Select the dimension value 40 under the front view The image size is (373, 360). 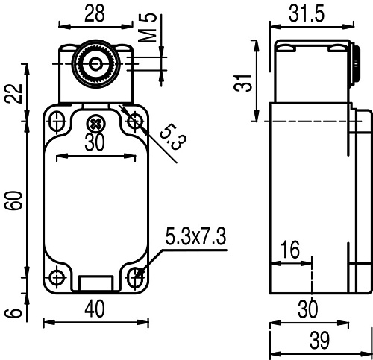[x=95, y=308]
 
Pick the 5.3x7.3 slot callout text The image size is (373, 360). [x=195, y=238]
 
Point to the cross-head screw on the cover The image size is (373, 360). [x=95, y=123]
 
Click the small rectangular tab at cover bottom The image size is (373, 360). [x=95, y=284]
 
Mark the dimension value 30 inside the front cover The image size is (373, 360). [x=95, y=144]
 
